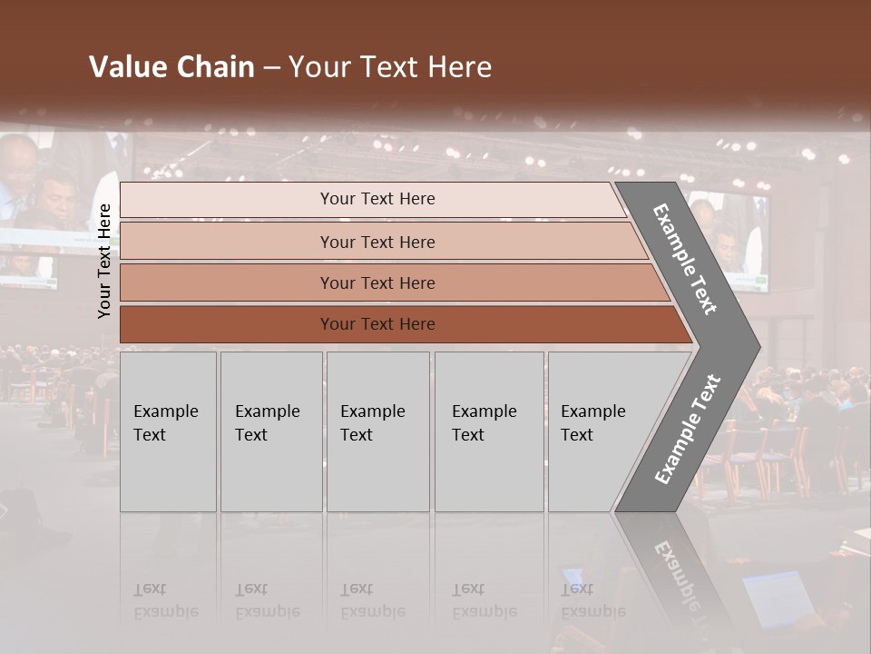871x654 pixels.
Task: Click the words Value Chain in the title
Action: click(x=171, y=67)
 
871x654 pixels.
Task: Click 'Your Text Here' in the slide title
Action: click(x=390, y=67)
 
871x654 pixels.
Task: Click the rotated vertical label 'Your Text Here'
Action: click(x=104, y=261)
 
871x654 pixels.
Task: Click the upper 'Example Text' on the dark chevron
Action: click(x=686, y=258)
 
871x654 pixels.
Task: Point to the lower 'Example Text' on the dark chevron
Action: click(x=688, y=430)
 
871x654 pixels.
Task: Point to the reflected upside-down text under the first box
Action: click(x=166, y=600)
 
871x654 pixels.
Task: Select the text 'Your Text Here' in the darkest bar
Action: click(x=377, y=324)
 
